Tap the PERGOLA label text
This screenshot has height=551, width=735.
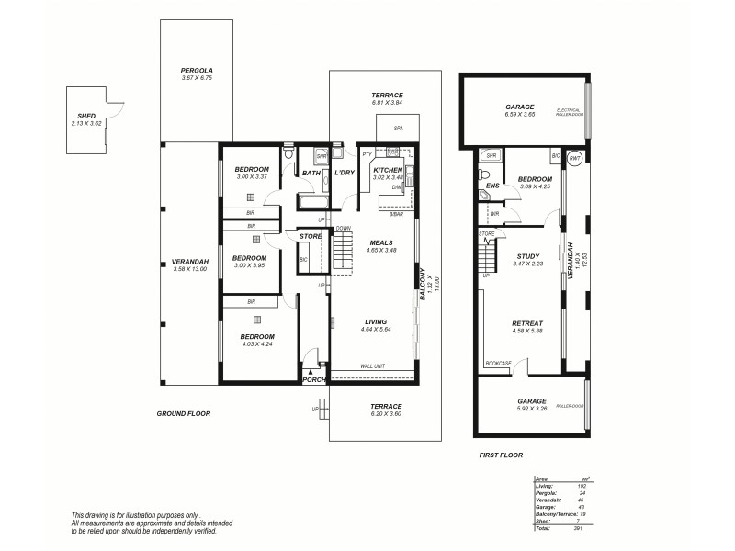click(197, 71)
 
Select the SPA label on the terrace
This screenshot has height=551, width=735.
click(399, 129)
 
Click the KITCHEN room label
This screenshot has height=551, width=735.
click(389, 170)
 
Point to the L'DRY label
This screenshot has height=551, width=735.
click(345, 173)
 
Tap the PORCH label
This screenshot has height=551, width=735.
click(314, 380)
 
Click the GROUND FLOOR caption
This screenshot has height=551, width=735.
click(184, 414)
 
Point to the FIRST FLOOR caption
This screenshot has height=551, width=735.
click(501, 455)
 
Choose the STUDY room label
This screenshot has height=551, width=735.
click(528, 256)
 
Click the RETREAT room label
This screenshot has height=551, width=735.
click(527, 323)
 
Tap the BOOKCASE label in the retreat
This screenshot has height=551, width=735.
click(498, 364)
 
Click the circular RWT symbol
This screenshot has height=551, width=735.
click(576, 157)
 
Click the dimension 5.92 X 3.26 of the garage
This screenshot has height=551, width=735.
click(531, 410)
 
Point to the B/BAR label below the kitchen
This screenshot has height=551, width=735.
click(396, 214)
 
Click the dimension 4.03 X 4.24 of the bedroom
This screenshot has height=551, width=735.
click(257, 345)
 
